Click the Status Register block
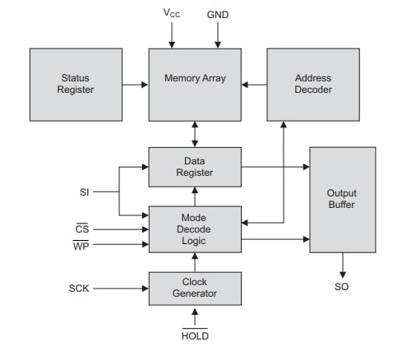pyautogui.click(x=76, y=84)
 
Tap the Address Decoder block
pyautogui.click(x=312, y=84)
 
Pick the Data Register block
pyautogui.click(x=195, y=167)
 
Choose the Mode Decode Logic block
pyautogui.click(x=195, y=229)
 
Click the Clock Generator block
pyautogui.click(x=195, y=288)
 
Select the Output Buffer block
pyautogui.click(x=342, y=199)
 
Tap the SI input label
pyautogui.click(x=85, y=193)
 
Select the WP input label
pyautogui.click(x=81, y=246)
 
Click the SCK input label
pyautogui.click(x=79, y=288)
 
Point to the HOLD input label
pyautogui.click(x=195, y=335)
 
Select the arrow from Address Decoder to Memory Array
pyautogui.click(x=254, y=84)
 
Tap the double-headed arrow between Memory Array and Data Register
pyautogui.click(x=195, y=133)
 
